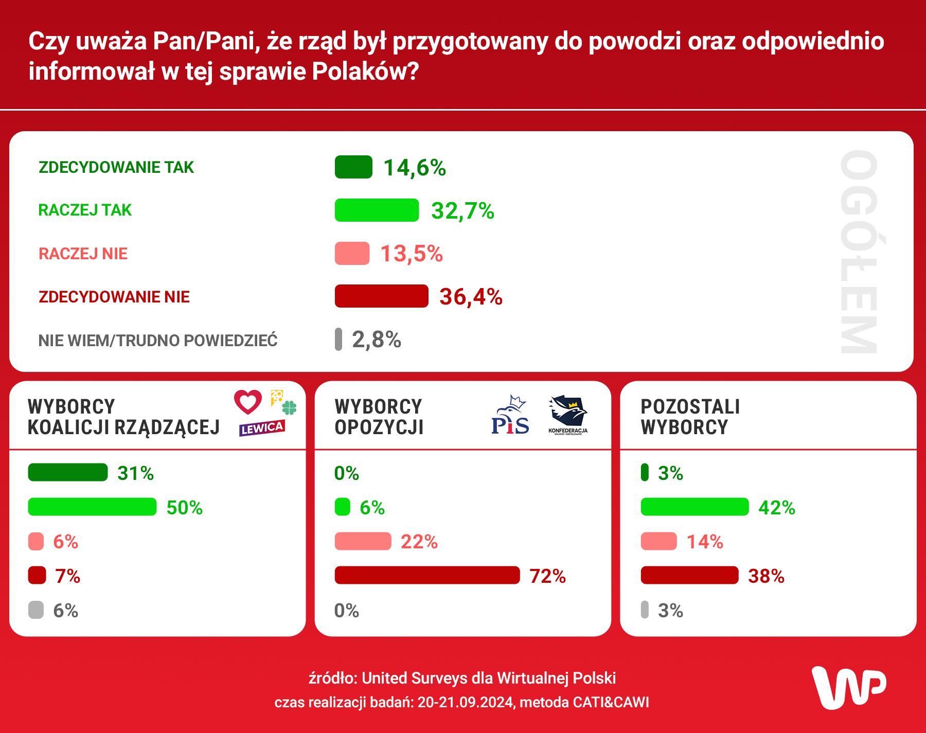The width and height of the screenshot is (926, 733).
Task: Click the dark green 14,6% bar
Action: pyautogui.click(x=353, y=167)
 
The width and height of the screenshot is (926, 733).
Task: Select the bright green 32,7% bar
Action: pyautogui.click(x=377, y=210)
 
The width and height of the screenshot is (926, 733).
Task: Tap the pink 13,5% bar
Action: pyautogui.click(x=352, y=253)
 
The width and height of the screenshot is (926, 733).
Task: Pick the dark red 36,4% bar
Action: pyautogui.click(x=381, y=296)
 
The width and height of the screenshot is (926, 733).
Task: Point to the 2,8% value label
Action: pyautogui.click(x=376, y=339)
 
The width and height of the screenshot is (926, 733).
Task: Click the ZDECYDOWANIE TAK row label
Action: pyautogui.click(x=116, y=167)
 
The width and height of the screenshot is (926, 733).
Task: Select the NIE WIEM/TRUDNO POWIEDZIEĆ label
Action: pyautogui.click(x=158, y=341)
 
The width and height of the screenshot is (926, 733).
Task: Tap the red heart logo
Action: pyautogui.click(x=248, y=402)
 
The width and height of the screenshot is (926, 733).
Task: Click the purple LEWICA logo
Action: pyautogui.click(x=262, y=428)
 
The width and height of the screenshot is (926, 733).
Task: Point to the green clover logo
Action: pyautogui.click(x=290, y=408)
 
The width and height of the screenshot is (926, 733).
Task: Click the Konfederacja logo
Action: pyautogui.click(x=568, y=415)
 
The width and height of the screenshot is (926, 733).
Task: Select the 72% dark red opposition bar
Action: pyautogui.click(x=427, y=575)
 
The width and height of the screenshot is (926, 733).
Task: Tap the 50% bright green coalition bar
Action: pyautogui.click(x=92, y=507)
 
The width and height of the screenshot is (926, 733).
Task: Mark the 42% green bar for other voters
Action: pyautogui.click(x=694, y=507)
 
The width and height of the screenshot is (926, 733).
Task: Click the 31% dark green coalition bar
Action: pyautogui.click(x=68, y=472)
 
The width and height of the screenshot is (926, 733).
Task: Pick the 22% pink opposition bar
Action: pyautogui.click(x=363, y=541)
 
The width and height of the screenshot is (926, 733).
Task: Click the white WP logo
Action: pyautogui.click(x=848, y=688)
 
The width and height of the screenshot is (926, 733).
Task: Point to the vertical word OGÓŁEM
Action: pyautogui.click(x=859, y=252)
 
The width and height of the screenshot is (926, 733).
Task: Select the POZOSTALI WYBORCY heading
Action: pyautogui.click(x=690, y=417)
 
